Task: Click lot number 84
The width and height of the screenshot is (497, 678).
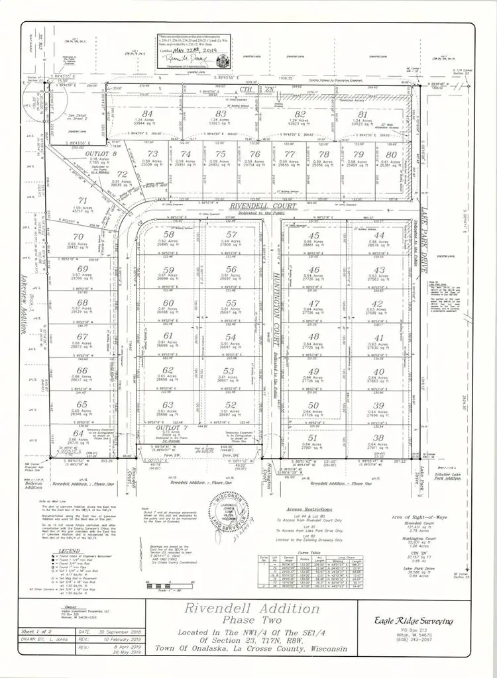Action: [148, 113]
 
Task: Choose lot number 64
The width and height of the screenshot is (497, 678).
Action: [80, 434]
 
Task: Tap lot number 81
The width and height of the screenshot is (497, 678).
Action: [380, 114]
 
